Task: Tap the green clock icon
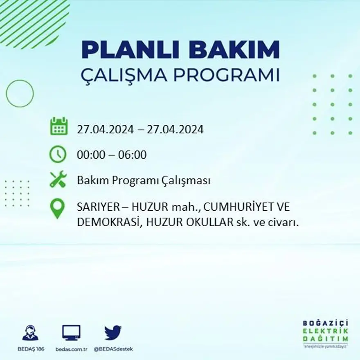click(58, 154)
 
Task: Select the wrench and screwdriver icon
click(58, 180)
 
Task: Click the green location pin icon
click(58, 208)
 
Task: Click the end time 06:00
click(132, 155)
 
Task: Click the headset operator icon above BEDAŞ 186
click(30, 333)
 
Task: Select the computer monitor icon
click(71, 333)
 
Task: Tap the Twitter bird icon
click(113, 333)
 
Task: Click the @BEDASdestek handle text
click(113, 349)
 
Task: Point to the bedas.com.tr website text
click(71, 349)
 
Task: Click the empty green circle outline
click(20, 94)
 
